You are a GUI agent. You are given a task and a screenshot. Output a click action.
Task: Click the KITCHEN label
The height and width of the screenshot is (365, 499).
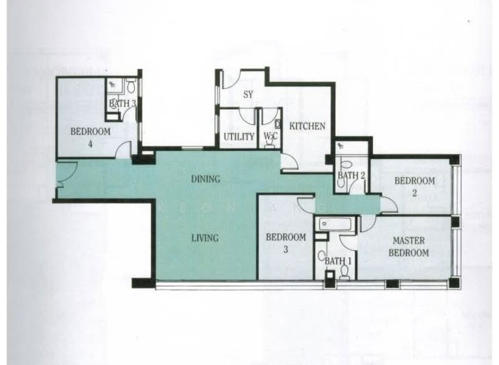pos(308,126)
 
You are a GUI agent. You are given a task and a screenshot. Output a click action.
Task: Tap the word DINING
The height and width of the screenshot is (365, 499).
pos(205,179)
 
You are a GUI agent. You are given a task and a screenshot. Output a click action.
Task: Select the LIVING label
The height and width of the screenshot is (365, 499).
pos(205,238)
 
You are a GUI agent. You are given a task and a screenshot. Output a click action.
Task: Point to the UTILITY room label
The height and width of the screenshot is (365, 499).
pos(238,137)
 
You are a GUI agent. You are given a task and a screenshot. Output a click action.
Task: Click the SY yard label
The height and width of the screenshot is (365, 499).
pos(247,95)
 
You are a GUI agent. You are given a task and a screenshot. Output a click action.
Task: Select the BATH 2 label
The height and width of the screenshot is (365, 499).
pos(351,175)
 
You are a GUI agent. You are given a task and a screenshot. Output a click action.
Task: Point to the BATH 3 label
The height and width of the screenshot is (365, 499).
pos(122,104)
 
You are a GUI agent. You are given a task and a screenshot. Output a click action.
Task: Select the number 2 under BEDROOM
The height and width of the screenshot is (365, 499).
pos(414,193)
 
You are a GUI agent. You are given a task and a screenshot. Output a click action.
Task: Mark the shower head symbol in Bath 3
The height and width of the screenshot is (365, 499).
pos(112,84)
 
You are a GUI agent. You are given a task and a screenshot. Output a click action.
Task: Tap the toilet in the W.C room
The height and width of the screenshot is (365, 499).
pos(270,144)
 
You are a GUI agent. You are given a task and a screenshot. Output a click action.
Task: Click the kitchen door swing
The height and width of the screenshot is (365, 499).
pos(289,163)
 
